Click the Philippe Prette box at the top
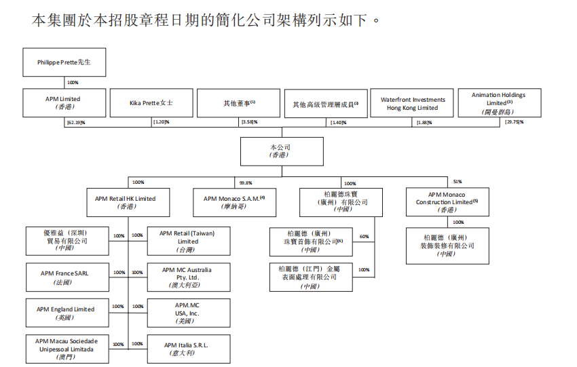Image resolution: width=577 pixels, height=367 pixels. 64,62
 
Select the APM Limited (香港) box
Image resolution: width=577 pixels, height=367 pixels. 64,102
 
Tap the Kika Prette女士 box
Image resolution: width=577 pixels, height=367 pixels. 151,103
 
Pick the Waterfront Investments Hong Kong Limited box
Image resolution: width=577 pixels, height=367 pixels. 413,103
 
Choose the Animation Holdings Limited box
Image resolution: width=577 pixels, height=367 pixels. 499,102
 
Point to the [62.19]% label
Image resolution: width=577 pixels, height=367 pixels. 75,122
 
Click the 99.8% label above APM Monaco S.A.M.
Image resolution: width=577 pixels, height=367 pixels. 246,182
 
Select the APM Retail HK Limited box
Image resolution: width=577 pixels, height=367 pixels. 126,202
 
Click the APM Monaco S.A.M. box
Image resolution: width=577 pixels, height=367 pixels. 234,202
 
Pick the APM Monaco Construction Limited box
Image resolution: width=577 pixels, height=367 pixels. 447,202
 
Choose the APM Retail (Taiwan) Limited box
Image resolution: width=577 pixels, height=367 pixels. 188,241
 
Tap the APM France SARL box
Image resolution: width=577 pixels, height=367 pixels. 64,277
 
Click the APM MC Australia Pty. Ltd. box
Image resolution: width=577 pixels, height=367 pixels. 188,277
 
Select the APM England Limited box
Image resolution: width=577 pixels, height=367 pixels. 66,313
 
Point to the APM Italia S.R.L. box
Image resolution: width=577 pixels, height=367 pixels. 188,349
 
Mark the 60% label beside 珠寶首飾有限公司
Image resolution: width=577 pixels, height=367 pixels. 364,237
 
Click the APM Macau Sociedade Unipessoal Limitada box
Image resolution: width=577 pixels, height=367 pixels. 66,349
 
